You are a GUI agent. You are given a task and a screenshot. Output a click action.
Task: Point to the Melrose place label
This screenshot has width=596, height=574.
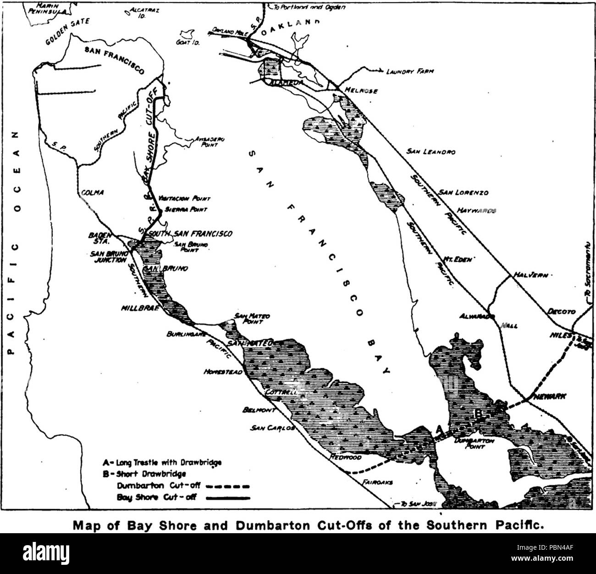[x=363, y=91]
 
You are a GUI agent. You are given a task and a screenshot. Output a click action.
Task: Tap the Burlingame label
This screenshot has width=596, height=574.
[x=185, y=334]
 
